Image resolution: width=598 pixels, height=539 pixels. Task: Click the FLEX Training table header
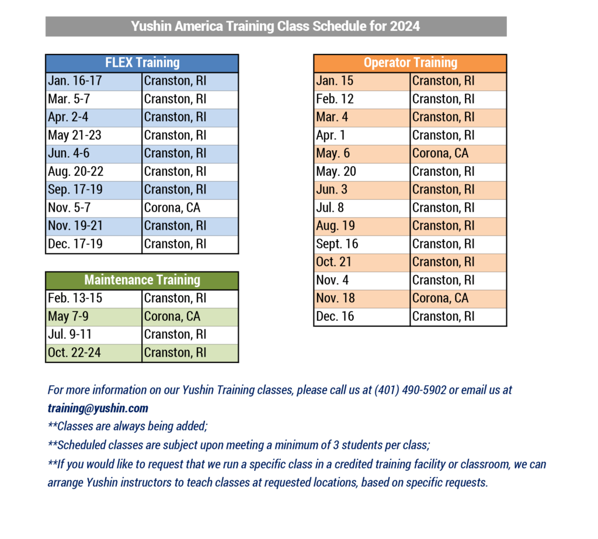[142, 63]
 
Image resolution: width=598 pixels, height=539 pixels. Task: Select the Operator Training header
[411, 63]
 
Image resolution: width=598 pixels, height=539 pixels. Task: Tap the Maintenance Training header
[142, 280]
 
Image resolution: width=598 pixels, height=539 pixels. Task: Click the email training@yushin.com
[98, 409]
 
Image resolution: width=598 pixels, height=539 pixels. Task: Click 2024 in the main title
[405, 26]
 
